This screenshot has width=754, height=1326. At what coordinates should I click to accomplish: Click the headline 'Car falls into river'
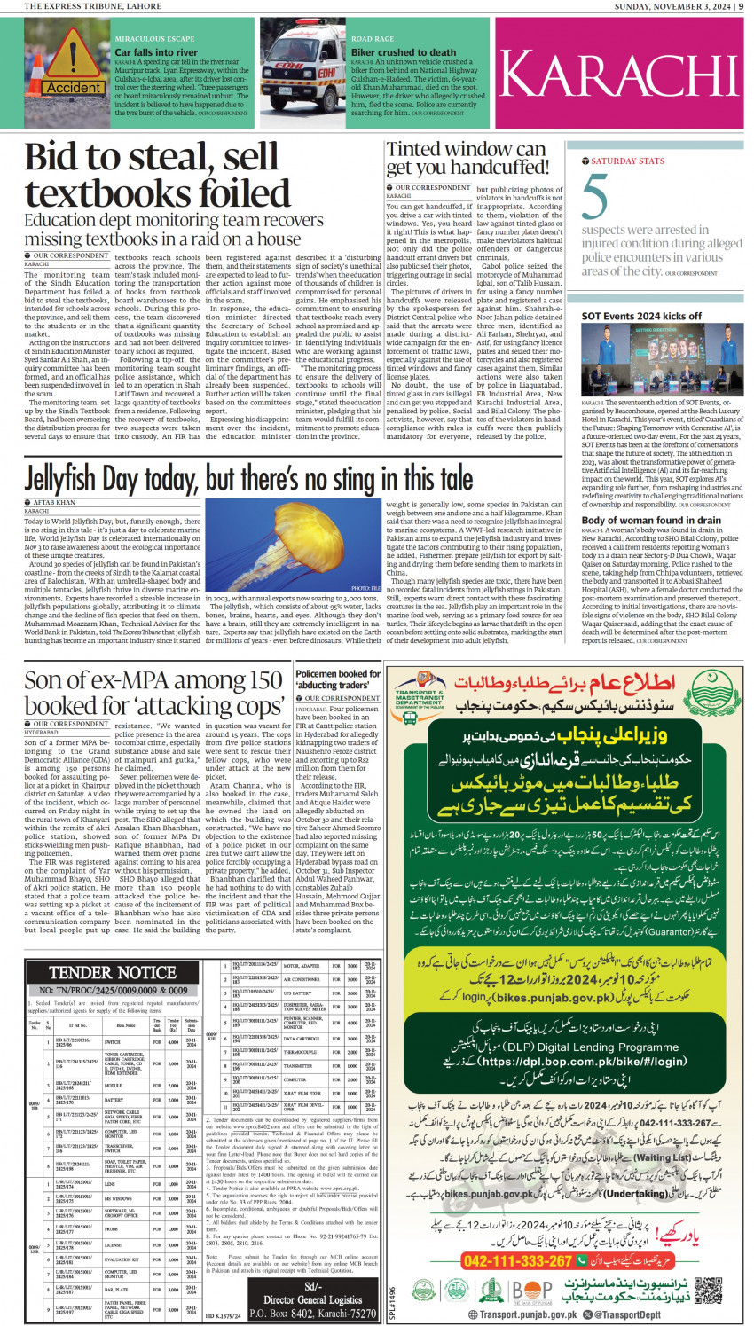click(x=156, y=52)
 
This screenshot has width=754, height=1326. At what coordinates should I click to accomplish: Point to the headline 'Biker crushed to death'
click(x=404, y=52)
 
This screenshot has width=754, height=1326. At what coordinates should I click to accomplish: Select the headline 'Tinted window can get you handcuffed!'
click(x=467, y=159)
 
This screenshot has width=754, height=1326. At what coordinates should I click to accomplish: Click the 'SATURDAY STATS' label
click(x=627, y=161)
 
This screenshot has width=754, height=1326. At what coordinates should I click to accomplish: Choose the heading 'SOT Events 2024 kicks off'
click(x=641, y=316)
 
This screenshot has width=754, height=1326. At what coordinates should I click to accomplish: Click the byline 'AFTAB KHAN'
click(x=54, y=503)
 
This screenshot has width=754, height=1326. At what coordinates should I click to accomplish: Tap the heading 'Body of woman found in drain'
click(x=651, y=521)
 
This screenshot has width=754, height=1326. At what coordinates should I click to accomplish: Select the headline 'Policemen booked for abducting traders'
click(x=338, y=679)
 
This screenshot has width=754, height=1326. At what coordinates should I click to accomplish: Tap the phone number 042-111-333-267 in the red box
click(x=518, y=1260)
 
